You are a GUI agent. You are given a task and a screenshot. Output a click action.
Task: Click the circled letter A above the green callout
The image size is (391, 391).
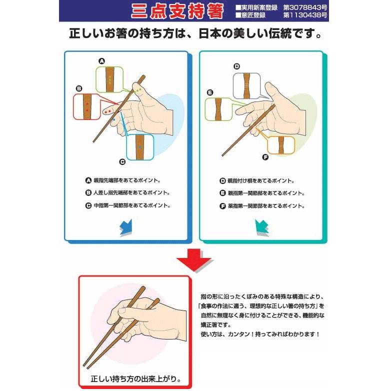click(x=102, y=61)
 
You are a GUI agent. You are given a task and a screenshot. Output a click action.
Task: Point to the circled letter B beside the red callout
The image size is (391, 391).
click(x=78, y=88)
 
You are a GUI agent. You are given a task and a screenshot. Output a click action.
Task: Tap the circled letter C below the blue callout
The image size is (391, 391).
click(x=121, y=161)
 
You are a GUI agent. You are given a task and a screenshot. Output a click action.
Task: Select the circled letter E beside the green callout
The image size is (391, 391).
click(x=210, y=92)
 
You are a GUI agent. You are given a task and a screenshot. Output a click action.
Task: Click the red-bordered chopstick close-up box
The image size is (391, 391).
click(x=87, y=106)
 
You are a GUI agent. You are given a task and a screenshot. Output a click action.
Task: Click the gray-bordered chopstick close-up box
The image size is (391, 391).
click(x=247, y=85)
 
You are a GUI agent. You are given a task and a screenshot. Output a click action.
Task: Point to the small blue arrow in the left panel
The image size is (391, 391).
click(x=125, y=227)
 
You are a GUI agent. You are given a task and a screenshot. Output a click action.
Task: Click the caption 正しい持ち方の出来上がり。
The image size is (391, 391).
click(x=134, y=377)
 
